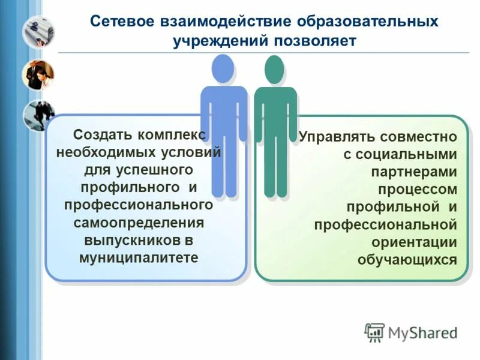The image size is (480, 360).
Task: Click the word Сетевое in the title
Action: (x=123, y=22)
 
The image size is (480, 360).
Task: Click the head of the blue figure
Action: (x=223, y=68)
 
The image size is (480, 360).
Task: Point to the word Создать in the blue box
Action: (x=101, y=133)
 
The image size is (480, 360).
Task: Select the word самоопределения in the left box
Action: (x=139, y=223)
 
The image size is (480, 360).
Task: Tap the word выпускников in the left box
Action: (x=124, y=240)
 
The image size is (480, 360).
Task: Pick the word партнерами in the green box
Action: (x=414, y=172)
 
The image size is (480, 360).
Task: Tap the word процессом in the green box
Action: (x=418, y=189)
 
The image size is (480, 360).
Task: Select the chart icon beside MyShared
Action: (x=374, y=332)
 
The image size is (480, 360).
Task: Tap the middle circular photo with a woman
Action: (x=38, y=74)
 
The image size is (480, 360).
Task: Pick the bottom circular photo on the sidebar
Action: (x=38, y=115)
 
